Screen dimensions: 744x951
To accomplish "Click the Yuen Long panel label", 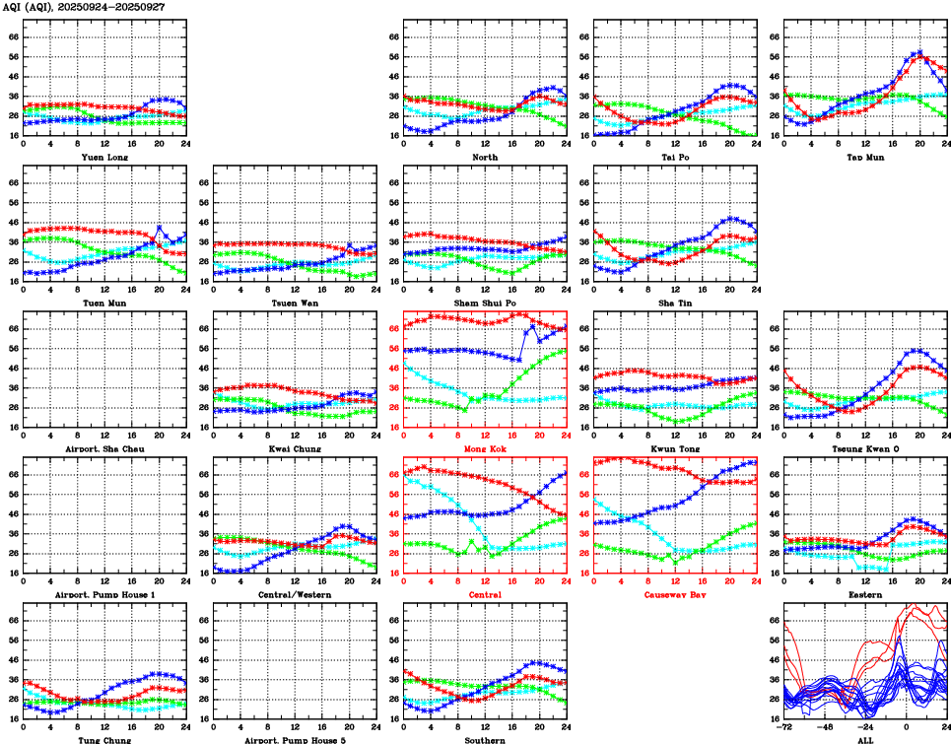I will [x=104, y=157].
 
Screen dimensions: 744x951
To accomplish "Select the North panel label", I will [x=484, y=157].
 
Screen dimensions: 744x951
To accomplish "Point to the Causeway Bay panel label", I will [x=674, y=594].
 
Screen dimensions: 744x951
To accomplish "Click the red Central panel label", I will [x=484, y=594].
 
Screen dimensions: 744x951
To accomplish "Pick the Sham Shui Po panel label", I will [x=484, y=303].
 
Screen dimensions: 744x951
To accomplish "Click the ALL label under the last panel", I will [x=864, y=739].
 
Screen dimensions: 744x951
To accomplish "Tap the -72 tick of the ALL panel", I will [x=773, y=727].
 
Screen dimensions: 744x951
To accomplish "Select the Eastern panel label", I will [x=864, y=594].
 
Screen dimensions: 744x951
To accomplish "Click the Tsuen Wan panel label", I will [x=294, y=303].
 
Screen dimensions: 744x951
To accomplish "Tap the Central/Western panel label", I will [x=294, y=594].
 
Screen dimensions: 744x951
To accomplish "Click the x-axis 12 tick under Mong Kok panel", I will [x=484, y=436].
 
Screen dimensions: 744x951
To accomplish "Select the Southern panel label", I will [x=484, y=739].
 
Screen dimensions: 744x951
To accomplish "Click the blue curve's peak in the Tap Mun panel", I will [x=919, y=52].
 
